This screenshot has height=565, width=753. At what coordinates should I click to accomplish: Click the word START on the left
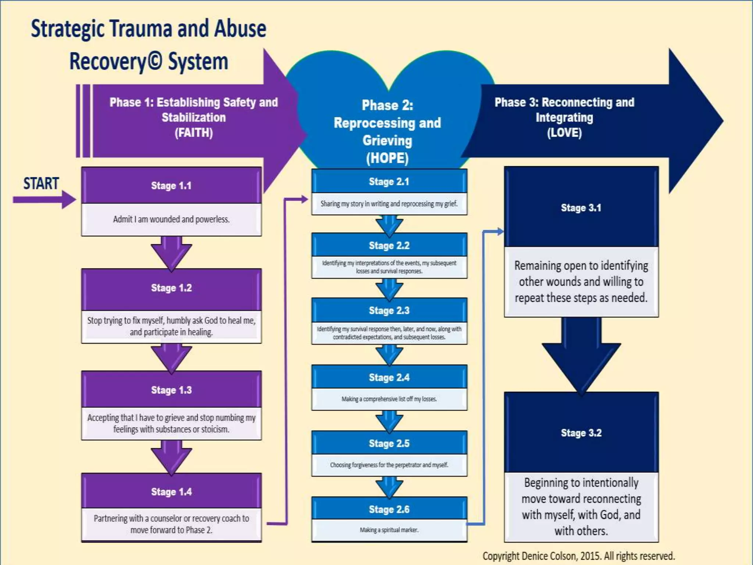[x=41, y=183]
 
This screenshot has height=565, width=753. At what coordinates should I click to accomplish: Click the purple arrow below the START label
[x=44, y=200]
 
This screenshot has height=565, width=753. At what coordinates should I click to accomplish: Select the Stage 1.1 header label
[x=171, y=186]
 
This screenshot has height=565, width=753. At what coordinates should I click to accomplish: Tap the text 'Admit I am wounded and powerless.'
[x=171, y=219]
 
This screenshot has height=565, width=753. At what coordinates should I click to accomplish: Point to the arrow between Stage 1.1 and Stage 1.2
[x=171, y=253]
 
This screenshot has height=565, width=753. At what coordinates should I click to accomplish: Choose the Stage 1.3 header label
[x=171, y=390]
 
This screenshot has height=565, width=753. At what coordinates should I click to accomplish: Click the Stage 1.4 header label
[x=171, y=492]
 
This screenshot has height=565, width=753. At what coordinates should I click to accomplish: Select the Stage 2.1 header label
[x=389, y=182]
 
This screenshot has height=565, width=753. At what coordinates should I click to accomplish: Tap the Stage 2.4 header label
[x=389, y=377]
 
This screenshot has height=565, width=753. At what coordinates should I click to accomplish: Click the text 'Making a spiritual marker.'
[x=389, y=530]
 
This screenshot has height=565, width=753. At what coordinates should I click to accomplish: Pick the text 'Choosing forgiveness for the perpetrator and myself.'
[x=389, y=465]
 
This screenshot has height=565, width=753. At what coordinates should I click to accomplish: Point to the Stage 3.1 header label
[x=581, y=208]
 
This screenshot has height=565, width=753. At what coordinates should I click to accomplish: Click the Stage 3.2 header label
[x=581, y=433]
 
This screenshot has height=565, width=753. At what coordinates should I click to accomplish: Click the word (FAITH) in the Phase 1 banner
[x=194, y=132]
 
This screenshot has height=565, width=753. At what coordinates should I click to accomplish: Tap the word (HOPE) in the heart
[x=387, y=158]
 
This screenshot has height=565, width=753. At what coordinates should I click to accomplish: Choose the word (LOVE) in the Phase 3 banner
[x=564, y=132]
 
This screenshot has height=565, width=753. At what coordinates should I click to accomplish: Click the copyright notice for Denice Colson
[x=579, y=556]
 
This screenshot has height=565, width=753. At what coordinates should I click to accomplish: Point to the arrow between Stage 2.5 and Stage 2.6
[x=389, y=487]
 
